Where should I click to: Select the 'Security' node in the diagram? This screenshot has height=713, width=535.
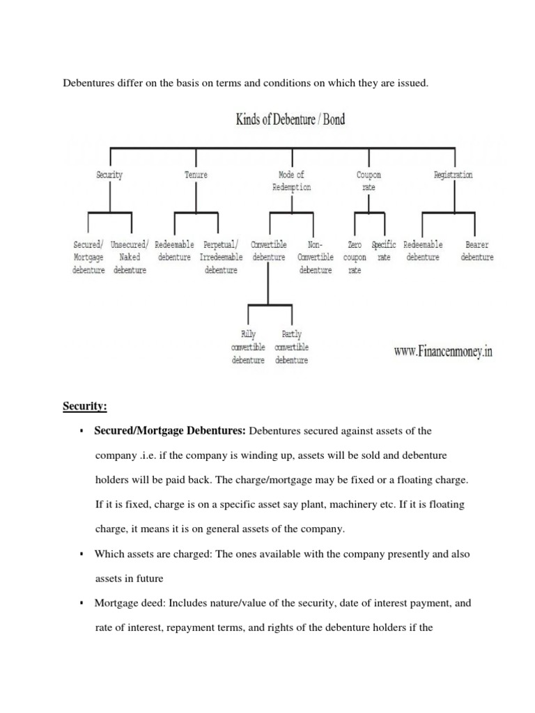tap(109, 175)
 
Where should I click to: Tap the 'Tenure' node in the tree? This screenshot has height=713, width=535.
tap(196, 175)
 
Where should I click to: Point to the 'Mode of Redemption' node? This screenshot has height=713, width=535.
tap(291, 181)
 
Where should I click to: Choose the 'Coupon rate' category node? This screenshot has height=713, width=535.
tap(369, 181)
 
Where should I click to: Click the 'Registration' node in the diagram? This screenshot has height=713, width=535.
tap(453, 175)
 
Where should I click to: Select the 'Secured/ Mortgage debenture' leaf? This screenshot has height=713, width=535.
tap(88, 258)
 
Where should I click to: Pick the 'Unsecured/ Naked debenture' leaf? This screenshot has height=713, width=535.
tap(130, 258)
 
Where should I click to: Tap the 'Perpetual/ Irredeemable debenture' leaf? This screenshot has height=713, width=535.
tap(221, 258)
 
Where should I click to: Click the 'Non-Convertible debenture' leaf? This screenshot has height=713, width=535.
tap(316, 258)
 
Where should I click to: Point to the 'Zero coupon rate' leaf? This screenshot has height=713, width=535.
tap(355, 258)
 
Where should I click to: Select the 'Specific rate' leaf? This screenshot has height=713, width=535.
tap(384, 251)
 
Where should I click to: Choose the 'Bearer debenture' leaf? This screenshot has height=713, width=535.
tap(477, 251)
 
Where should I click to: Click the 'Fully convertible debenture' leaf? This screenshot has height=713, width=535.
tap(248, 347)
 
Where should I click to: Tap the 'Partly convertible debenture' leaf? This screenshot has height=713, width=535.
tap(292, 347)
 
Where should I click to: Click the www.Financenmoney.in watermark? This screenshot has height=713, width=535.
tap(443, 352)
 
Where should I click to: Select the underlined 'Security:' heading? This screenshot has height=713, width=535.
tap(90, 405)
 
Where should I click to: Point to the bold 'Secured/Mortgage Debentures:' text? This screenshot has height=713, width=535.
tap(170, 431)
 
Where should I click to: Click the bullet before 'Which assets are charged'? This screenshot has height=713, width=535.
tap(82, 554)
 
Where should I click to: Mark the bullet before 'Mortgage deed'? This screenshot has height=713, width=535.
tap(82, 603)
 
